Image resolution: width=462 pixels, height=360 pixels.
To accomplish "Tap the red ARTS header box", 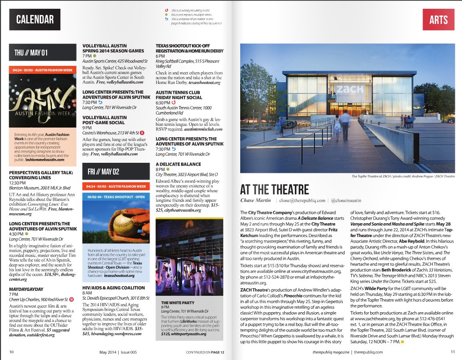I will tap(438, 19).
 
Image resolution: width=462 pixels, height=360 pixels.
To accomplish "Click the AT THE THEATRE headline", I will tap(275, 189).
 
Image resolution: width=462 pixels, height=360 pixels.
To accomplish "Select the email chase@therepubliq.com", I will tap(303, 201).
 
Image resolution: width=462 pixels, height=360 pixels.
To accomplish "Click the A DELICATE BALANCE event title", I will tap(178, 164).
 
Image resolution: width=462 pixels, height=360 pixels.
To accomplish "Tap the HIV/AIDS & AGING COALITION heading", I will tap(114, 288).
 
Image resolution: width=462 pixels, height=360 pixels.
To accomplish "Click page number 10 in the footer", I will tap(11, 352).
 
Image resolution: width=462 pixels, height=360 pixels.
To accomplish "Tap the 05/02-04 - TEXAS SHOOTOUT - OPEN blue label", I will tap(117, 196).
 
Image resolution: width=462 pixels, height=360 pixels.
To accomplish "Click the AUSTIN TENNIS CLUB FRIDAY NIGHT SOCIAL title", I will tap(179, 95).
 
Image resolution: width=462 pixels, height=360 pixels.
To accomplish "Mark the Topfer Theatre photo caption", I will tap(403, 177).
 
